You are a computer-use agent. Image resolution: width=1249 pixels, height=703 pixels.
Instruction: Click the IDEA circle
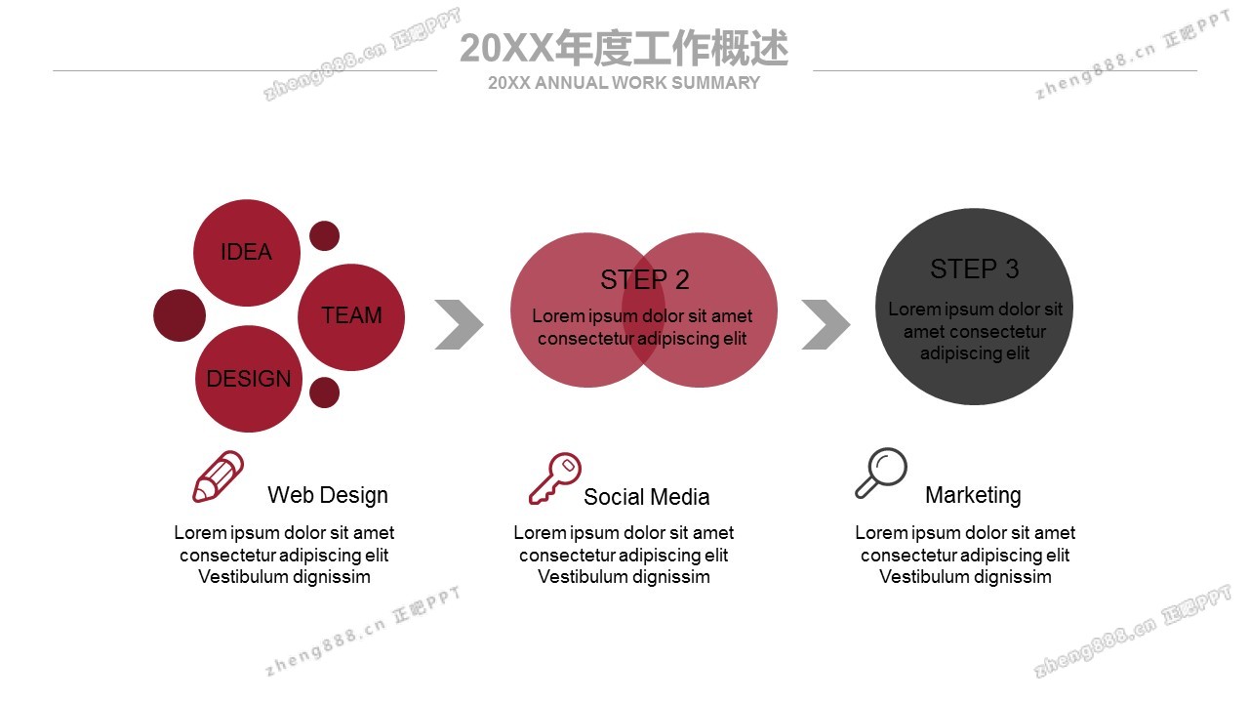click(247, 253)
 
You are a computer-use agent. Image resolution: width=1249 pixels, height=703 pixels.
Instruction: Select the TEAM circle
click(351, 317)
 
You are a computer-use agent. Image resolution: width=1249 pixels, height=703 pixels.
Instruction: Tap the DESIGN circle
click(249, 379)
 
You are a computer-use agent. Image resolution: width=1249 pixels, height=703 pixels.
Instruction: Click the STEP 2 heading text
click(645, 279)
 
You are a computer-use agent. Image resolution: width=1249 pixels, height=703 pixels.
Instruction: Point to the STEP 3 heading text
click(974, 269)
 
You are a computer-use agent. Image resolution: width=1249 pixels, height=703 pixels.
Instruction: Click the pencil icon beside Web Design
click(218, 476)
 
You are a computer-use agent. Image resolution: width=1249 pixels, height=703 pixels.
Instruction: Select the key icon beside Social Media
click(555, 478)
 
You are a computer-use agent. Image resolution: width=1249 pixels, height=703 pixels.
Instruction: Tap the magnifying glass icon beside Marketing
click(881, 473)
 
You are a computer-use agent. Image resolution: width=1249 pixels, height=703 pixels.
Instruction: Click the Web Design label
click(328, 495)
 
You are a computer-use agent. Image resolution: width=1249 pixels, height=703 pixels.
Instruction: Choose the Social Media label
click(647, 497)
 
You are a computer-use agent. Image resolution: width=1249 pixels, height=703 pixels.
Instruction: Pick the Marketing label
click(973, 495)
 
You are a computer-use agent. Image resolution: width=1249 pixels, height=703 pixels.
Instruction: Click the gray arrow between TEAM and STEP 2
click(459, 325)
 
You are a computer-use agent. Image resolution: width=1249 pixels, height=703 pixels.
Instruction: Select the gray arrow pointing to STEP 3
click(826, 325)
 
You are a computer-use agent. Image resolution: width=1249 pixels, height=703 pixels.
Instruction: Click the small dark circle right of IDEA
click(325, 235)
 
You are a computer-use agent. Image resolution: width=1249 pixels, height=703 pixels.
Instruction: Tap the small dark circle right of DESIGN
click(325, 393)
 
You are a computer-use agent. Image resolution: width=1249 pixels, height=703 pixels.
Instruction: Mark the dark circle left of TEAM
click(180, 315)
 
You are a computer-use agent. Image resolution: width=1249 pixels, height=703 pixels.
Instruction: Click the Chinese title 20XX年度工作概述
click(624, 48)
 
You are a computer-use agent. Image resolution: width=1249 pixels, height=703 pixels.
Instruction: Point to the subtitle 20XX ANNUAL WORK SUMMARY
click(624, 83)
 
